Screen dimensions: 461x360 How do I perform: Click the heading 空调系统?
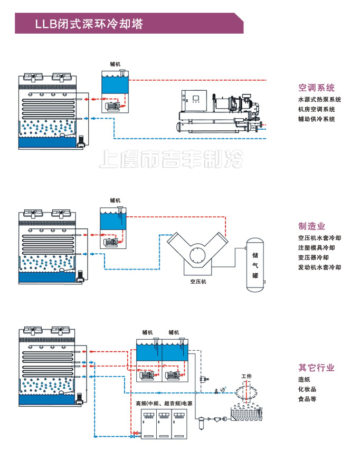point(316,88)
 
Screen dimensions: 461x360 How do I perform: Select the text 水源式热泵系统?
point(319,100)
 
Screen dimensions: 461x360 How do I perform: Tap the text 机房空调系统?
point(316,110)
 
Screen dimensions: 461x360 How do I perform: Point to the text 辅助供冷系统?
point(316,119)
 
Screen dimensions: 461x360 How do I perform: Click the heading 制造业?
point(311,226)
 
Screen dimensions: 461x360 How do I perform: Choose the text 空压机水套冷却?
point(319,238)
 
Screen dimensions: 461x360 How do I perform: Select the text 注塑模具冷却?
point(316,248)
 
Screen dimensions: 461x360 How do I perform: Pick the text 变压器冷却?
point(313,257)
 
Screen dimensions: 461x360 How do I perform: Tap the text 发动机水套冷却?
point(319,267)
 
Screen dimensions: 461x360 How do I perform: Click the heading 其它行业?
point(316,368)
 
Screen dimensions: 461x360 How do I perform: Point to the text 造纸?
point(304,379)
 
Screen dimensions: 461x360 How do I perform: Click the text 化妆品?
point(307,389)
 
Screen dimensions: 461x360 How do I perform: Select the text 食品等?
point(307,399)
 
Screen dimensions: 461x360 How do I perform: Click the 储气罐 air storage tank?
point(255,265)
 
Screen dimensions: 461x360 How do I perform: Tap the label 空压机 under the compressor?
point(198,282)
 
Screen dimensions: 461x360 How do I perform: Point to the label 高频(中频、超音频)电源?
point(164,404)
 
